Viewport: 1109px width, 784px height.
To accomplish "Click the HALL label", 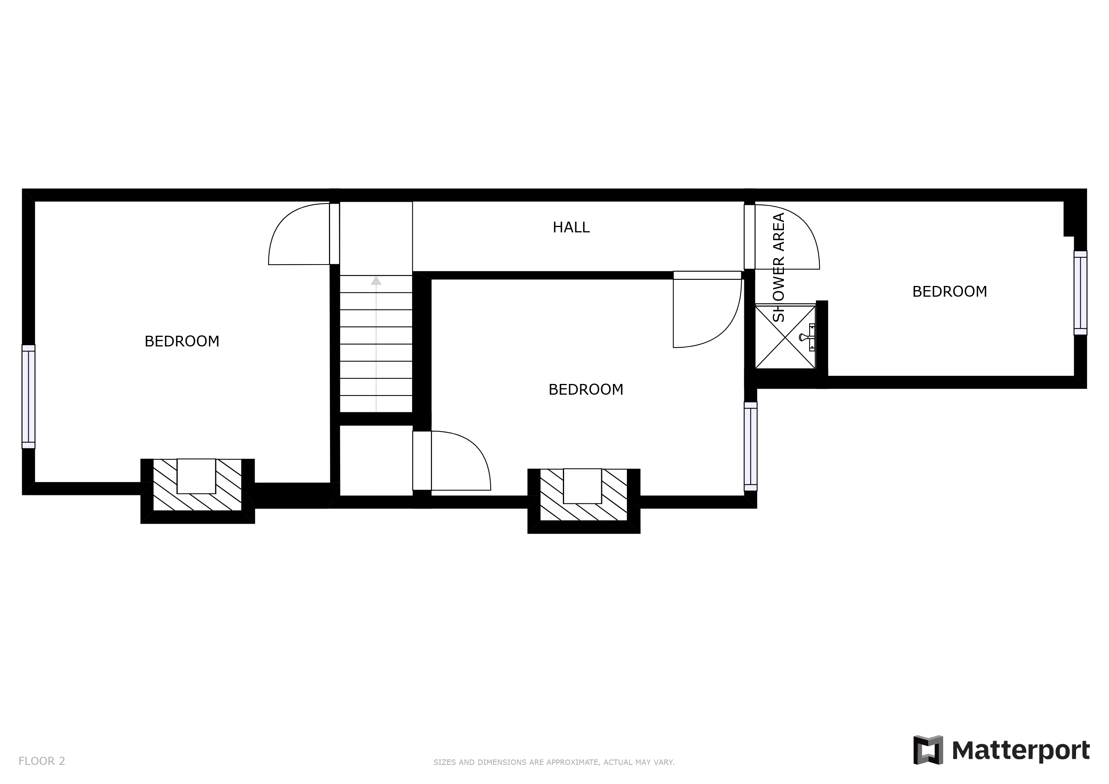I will pos(571,227).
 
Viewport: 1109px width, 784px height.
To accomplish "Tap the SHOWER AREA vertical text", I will pos(779,268).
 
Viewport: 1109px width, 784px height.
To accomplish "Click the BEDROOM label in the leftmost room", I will pos(182,342).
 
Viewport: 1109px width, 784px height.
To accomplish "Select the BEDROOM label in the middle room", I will pos(586,390).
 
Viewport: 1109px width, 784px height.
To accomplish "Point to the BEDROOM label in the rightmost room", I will pos(949,292).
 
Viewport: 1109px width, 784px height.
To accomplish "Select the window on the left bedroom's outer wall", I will pos(28,396).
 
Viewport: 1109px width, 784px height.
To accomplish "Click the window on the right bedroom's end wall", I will pos(1081,292).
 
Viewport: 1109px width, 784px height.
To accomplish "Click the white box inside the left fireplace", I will pos(196,476).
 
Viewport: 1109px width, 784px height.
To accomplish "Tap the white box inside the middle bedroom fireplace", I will pos(582,486).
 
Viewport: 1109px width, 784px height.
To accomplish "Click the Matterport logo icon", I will pos(928,750).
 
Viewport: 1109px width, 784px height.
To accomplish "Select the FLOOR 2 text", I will pos(41,761).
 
